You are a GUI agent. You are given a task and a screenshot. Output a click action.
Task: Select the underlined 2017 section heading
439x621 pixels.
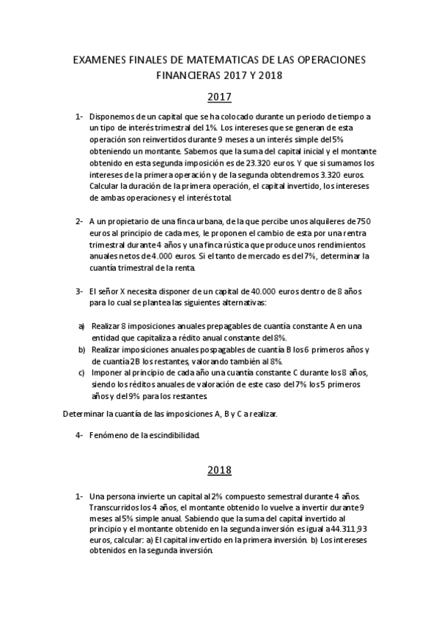coord(219,97)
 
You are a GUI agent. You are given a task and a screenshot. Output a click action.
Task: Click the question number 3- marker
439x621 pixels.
coord(78,291)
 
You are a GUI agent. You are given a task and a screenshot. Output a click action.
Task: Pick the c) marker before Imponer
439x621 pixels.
coord(81,373)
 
